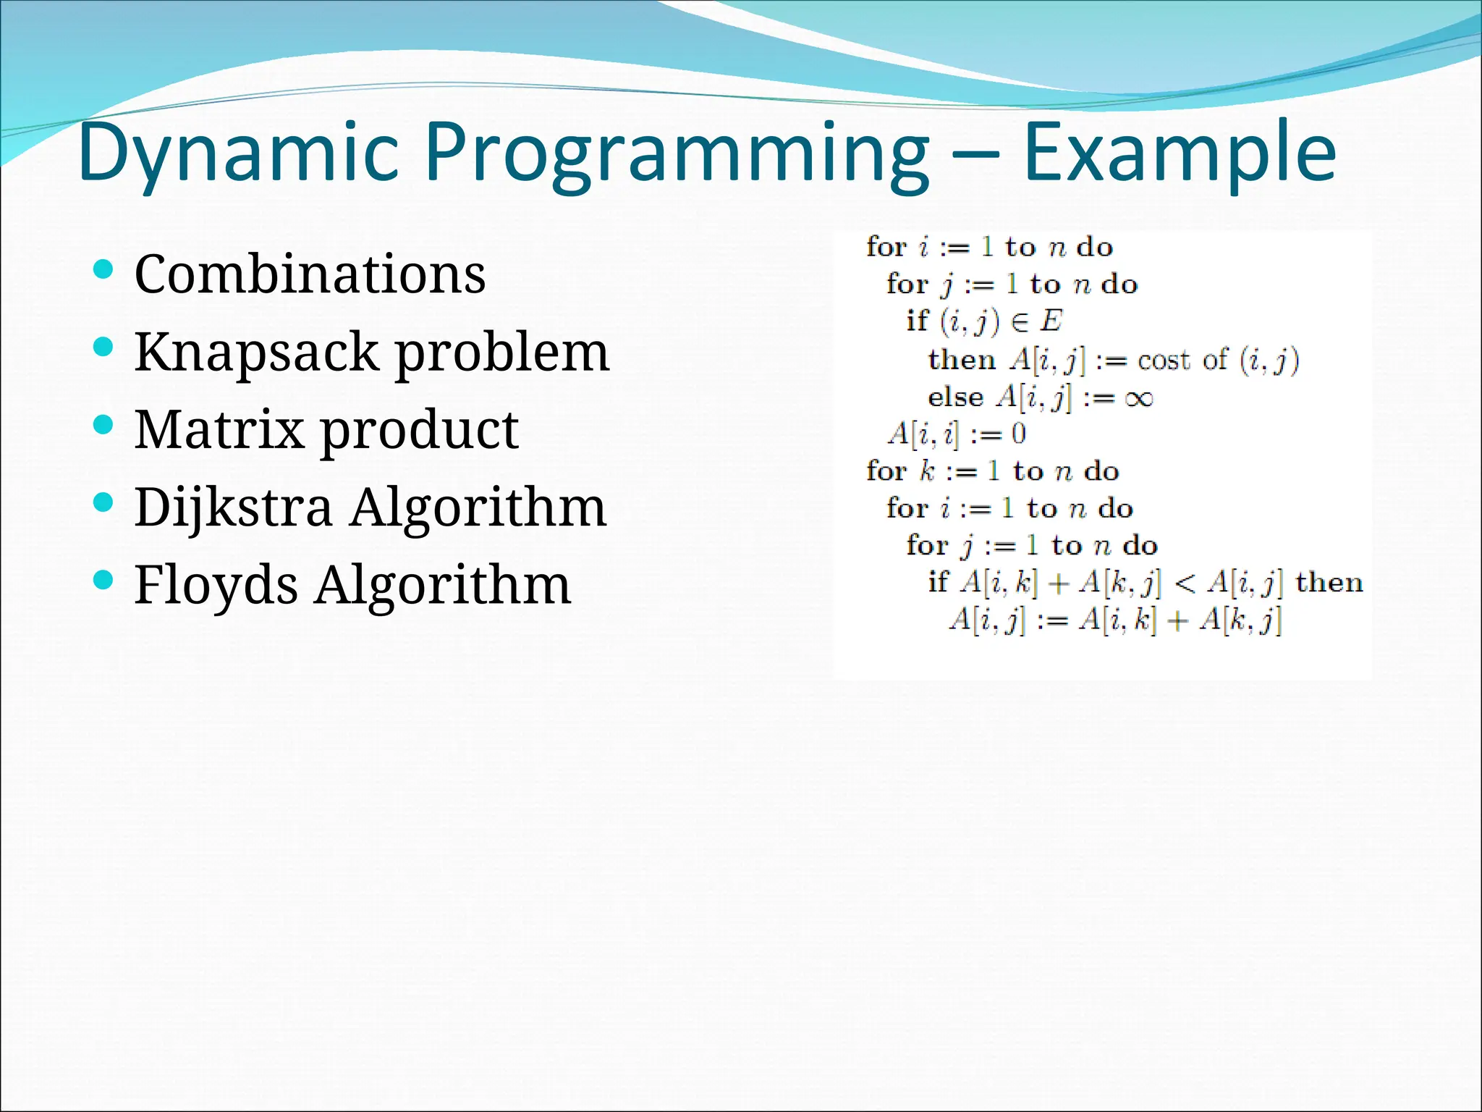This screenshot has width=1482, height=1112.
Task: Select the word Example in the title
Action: (1180, 153)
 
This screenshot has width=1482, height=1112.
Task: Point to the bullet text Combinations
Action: (310, 274)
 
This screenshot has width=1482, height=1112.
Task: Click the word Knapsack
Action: (257, 353)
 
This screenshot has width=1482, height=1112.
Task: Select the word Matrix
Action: (219, 429)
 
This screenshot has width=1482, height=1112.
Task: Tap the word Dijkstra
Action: (233, 507)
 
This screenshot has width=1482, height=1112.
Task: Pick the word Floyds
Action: (216, 585)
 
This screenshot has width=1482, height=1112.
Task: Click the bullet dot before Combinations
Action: (104, 270)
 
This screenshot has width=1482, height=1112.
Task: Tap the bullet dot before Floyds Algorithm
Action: (104, 580)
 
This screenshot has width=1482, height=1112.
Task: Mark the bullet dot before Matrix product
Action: (104, 425)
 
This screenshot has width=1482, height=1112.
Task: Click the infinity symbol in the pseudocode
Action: (1139, 398)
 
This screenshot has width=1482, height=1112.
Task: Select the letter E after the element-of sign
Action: (1051, 321)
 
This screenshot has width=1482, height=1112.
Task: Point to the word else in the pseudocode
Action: (955, 397)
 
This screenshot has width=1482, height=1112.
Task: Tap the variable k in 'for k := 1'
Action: (927, 471)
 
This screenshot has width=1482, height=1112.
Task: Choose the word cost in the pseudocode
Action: (1164, 360)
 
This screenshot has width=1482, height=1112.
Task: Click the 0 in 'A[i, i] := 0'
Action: (1018, 434)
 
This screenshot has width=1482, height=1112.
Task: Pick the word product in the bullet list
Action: (419, 431)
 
